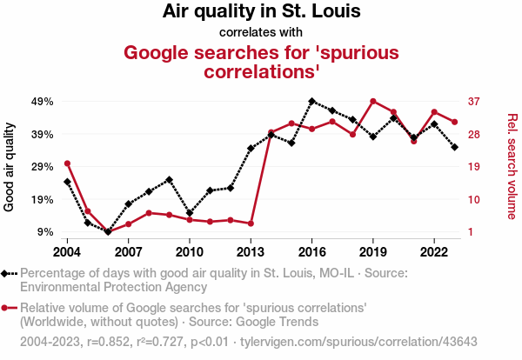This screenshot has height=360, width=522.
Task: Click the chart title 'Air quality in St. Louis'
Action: click(x=261, y=12)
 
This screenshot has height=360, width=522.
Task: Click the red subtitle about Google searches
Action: click(x=261, y=61)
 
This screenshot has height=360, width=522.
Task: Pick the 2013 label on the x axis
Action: click(x=251, y=252)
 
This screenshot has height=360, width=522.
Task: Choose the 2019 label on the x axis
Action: click(x=373, y=252)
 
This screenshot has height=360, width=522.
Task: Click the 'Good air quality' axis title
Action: click(x=10, y=166)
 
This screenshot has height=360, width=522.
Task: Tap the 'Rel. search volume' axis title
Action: click(x=512, y=166)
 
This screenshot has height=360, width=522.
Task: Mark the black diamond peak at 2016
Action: click(x=311, y=101)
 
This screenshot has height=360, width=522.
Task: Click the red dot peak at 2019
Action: click(x=373, y=101)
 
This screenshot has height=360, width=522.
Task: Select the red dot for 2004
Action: click(x=67, y=163)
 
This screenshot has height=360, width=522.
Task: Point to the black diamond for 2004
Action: click(x=67, y=182)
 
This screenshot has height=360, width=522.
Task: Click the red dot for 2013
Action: click(x=251, y=223)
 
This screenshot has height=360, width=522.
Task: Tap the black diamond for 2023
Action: click(x=455, y=147)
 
